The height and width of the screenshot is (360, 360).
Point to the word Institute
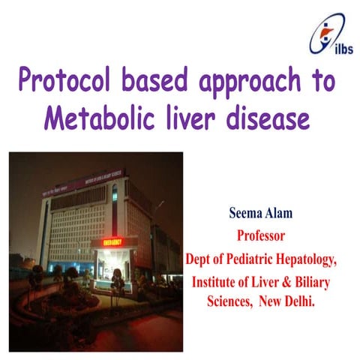[x=217, y=283]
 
